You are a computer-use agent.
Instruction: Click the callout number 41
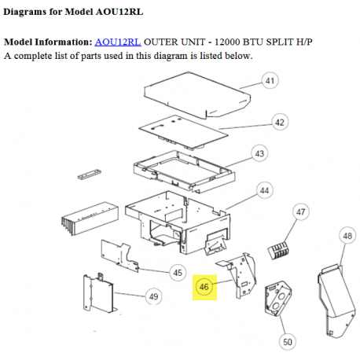pos(270,82)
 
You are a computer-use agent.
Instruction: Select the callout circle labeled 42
pos(278,121)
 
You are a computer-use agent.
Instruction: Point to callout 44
pos(265,190)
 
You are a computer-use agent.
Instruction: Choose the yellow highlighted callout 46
pos(204,288)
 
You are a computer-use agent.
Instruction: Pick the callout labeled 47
pos(300,211)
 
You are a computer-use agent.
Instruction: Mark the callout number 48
pos(347,235)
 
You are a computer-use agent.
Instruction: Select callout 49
pos(154,296)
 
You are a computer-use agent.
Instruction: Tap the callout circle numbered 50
pos(288,341)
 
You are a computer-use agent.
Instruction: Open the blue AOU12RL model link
pos(117,41)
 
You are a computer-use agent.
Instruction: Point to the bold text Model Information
pos(48,41)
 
